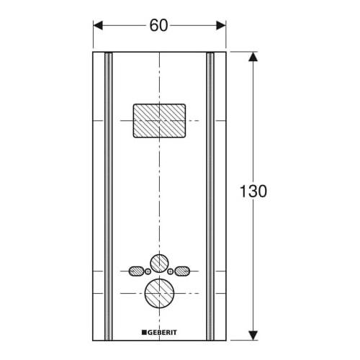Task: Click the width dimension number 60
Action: click(x=160, y=25)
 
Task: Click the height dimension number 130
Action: click(x=253, y=192)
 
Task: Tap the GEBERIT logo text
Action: click(x=163, y=332)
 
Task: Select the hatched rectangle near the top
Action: click(x=160, y=120)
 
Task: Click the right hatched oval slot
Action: click(x=181, y=271)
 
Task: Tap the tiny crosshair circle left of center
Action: click(x=148, y=271)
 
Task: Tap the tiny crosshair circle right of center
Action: click(x=171, y=271)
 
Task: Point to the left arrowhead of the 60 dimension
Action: click(x=99, y=25)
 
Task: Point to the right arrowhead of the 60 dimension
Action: click(x=221, y=25)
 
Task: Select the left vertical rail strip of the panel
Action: click(x=107, y=194)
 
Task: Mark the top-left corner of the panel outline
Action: click(x=93, y=53)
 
